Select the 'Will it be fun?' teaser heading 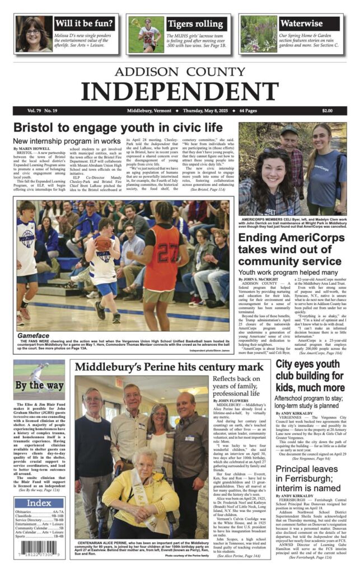tap(85, 24)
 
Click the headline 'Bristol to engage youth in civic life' tap(118, 127)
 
